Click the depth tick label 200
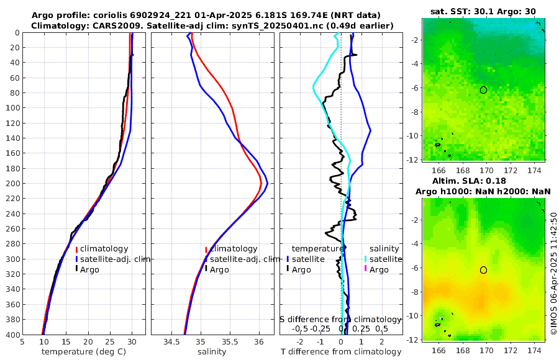(12, 184)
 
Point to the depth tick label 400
(12, 335)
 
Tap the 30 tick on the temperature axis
(132, 341)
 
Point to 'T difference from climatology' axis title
(341, 352)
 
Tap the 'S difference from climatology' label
(340, 318)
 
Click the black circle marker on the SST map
(483, 90)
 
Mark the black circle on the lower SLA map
(483, 270)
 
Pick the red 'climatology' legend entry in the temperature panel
(104, 249)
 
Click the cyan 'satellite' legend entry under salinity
(386, 259)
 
